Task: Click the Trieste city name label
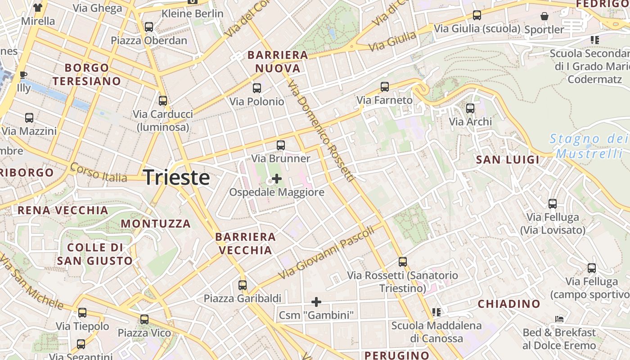pos(176,178)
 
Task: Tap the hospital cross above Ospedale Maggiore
pos(277,179)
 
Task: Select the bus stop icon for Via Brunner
pos(281,145)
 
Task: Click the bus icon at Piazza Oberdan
pos(149,27)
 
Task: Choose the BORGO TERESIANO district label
pos(87,75)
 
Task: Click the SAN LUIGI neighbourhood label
pos(508,160)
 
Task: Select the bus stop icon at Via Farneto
pos(385,87)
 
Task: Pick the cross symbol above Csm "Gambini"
pos(316,301)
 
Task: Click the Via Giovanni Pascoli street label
pos(326,253)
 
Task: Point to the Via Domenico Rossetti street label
pos(320,131)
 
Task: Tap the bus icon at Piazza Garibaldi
pos(243,285)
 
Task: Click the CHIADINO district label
pos(509,304)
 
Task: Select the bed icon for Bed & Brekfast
pos(559,319)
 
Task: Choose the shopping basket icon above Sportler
pos(544,17)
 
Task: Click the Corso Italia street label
pos(99,172)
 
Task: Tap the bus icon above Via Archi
pos(470,108)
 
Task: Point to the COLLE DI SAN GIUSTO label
pos(95,254)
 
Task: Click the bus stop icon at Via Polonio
pos(257,88)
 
